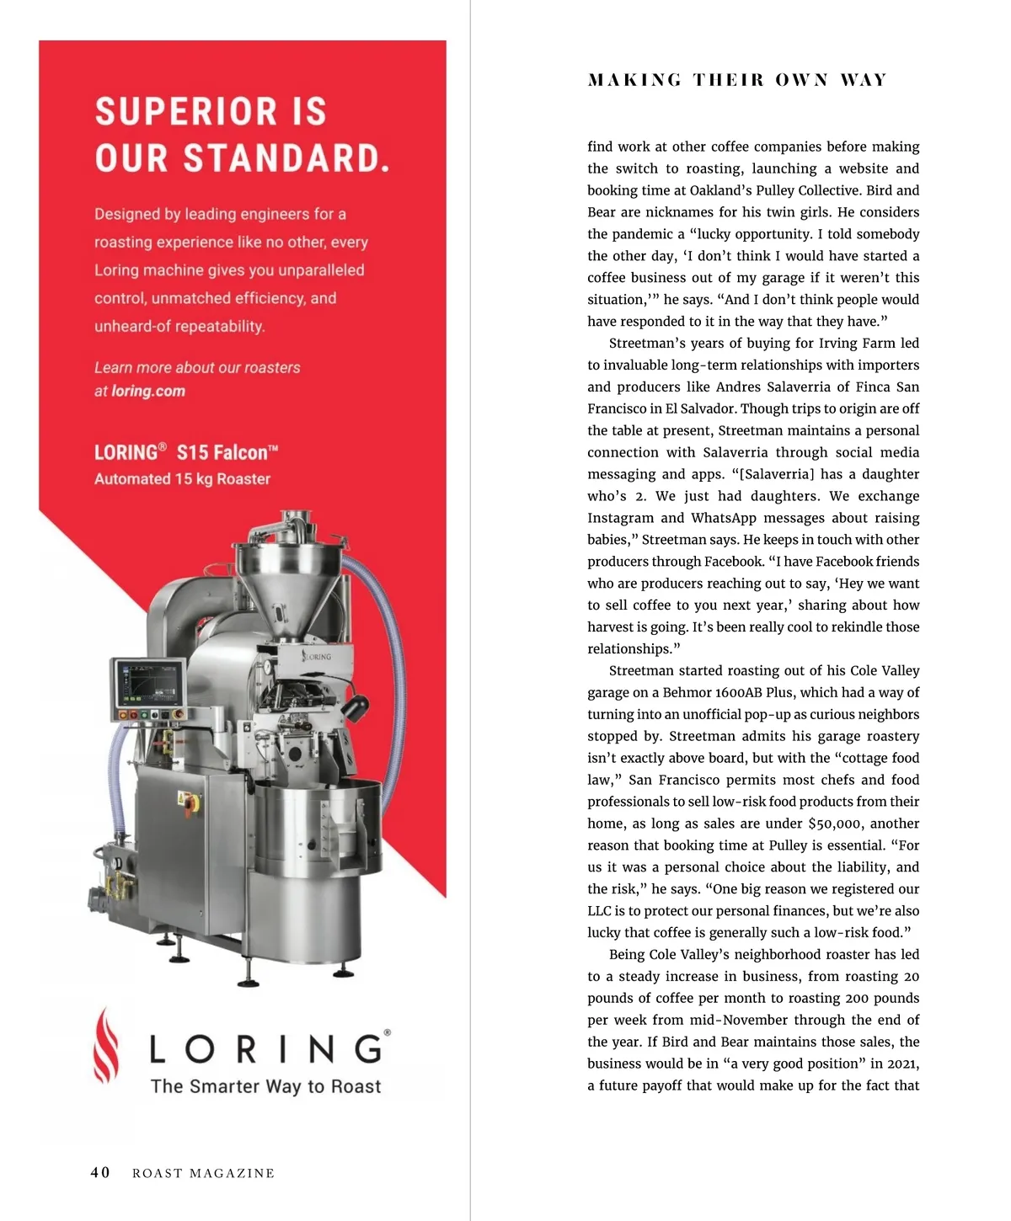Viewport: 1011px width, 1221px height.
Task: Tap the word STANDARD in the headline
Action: pyautogui.click(x=286, y=158)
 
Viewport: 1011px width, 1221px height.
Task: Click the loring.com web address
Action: pyautogui.click(x=148, y=391)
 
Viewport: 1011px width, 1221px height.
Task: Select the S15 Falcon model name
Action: pyautogui.click(x=227, y=452)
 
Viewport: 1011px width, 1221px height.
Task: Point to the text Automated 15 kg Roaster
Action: pyautogui.click(x=182, y=479)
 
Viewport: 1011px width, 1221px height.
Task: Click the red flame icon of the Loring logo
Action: pyautogui.click(x=105, y=1045)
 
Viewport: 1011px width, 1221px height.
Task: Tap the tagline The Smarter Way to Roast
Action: pyautogui.click(x=265, y=1086)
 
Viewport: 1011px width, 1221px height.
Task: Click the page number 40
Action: pyautogui.click(x=99, y=1173)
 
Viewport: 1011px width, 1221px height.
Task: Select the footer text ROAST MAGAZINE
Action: pyautogui.click(x=203, y=1174)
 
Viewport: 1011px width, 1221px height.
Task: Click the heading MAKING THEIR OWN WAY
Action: pyautogui.click(x=737, y=80)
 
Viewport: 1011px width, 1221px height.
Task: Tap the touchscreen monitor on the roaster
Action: pyautogui.click(x=149, y=683)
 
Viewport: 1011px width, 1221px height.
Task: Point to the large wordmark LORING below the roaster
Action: pyautogui.click(x=268, y=1049)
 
